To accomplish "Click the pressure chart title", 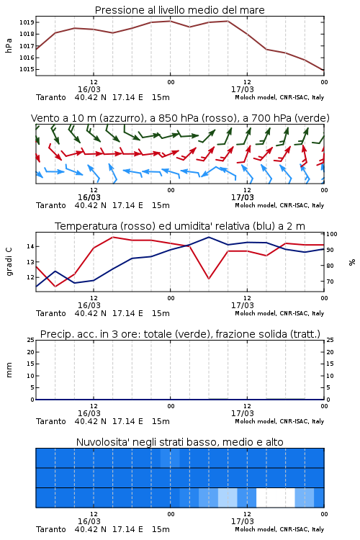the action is (179, 10).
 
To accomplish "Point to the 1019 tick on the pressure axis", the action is (27, 22).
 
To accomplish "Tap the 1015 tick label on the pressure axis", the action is (27, 69).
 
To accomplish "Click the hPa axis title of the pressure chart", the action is (9, 46).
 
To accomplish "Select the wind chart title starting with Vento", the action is (180, 118).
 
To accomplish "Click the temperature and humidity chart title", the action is (180, 226).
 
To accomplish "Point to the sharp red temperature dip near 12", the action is (208, 278).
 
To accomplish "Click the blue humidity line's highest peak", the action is (208, 238).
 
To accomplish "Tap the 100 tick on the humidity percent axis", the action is (332, 234).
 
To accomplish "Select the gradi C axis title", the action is (9, 262).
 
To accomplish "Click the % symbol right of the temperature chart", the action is (352, 262).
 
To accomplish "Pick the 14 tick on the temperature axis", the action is (30, 246).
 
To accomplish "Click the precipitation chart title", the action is (180, 334).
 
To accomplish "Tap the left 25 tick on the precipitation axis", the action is (31, 340).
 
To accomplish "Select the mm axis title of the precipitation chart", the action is (9, 370).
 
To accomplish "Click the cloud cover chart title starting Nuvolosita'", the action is (179, 442).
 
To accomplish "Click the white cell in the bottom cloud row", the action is (276, 498).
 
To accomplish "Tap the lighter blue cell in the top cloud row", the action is (170, 458).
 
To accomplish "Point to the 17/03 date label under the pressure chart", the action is (242, 89).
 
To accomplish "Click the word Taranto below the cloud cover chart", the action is (51, 529).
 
